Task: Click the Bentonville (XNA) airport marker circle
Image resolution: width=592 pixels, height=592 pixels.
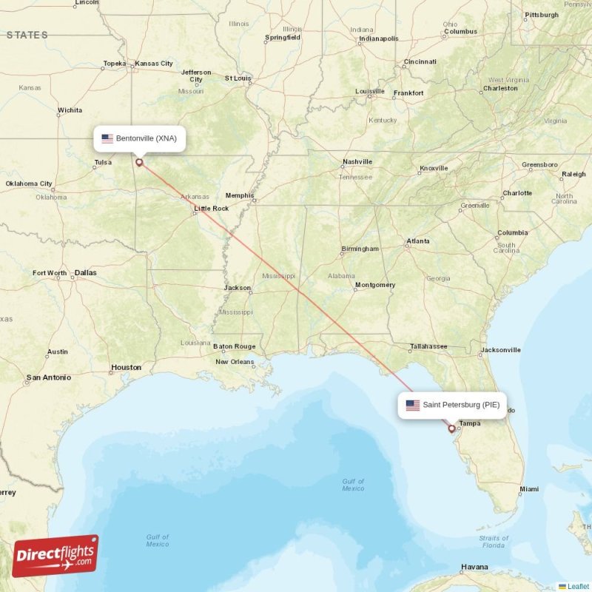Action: pos(138,161)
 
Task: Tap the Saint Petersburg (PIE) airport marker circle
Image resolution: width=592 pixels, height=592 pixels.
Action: pos(451,428)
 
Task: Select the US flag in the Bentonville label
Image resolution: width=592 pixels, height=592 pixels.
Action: pos(107,138)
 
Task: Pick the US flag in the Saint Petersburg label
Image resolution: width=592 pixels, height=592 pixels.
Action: pos(412,405)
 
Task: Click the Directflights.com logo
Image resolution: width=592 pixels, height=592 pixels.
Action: pos(55,556)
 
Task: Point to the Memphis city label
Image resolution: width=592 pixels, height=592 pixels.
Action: pos(240,195)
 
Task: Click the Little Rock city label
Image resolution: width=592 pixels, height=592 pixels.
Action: pos(211,209)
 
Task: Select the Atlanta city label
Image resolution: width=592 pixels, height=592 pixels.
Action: pos(418,241)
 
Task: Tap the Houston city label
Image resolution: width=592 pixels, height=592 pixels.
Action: pos(126,367)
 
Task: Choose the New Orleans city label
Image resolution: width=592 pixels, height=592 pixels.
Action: pos(235,362)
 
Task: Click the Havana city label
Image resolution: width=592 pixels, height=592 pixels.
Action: pos(474,567)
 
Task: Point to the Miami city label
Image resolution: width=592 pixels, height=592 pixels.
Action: pos(529,489)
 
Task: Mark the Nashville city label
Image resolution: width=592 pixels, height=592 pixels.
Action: pos(357,162)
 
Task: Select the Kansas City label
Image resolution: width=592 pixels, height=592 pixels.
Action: pos(156,64)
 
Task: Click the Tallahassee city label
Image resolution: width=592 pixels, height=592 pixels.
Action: pos(429,346)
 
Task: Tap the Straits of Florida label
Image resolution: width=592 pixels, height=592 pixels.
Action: pos(494,542)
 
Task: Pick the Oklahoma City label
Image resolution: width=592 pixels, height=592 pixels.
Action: pos(29,184)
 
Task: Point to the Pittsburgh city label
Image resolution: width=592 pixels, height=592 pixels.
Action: pos(542,15)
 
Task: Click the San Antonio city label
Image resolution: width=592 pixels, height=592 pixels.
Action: pos(49,377)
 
